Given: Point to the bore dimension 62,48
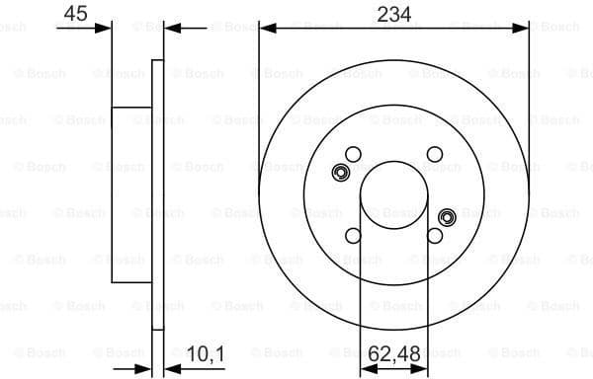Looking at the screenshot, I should (394, 351).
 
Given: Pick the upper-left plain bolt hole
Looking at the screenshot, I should (353, 153).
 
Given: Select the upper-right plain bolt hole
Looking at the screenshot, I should (434, 153).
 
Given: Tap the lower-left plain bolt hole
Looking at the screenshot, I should (353, 235).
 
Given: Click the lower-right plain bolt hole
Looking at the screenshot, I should (434, 235).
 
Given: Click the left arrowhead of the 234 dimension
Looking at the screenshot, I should (265, 30).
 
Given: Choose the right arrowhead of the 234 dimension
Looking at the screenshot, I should (523, 30).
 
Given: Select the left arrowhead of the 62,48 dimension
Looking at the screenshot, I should (367, 368).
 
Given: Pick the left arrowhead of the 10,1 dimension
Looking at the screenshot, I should (144, 368).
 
